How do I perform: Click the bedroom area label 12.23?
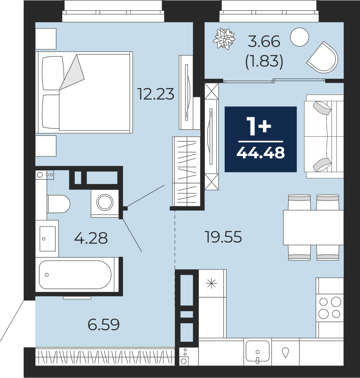click(x=156, y=94)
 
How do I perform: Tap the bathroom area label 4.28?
click(x=91, y=238)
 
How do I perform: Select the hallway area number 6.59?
click(x=103, y=325)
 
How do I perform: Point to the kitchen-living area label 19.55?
click(x=223, y=237)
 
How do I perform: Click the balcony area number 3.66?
click(x=264, y=41)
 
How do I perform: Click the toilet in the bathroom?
click(x=58, y=204)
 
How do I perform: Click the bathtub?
click(x=77, y=274)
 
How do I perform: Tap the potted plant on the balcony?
click(x=224, y=39)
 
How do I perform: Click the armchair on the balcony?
click(x=323, y=58)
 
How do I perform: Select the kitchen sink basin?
click(x=257, y=351)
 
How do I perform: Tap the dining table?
click(x=313, y=227)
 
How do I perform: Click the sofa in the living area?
click(x=324, y=136)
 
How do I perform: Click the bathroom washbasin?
click(x=47, y=239)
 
